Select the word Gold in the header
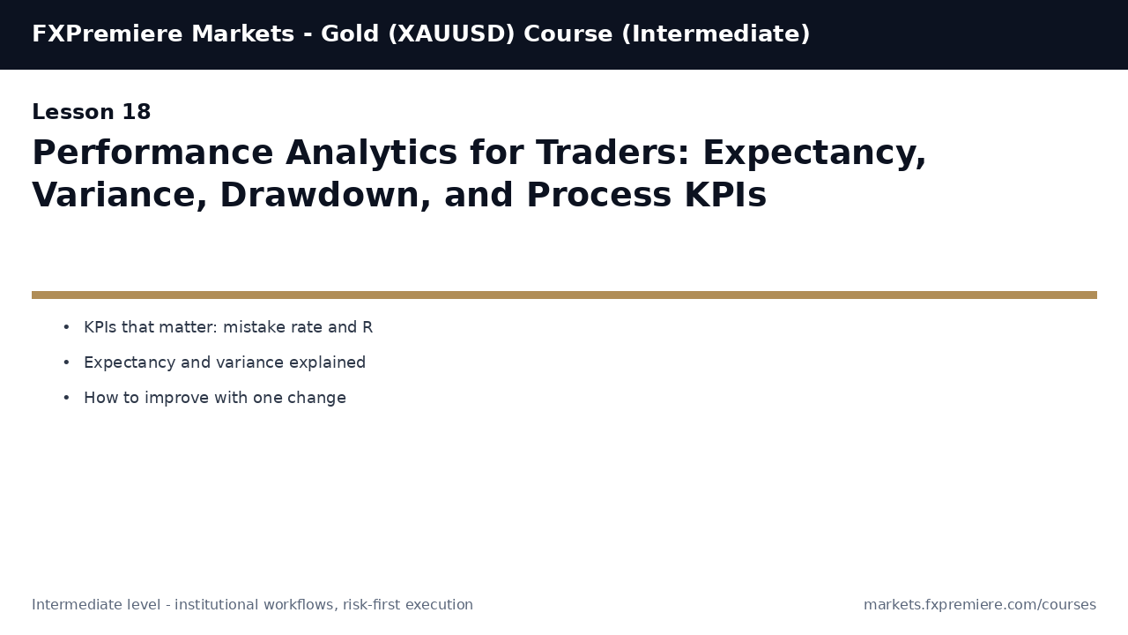click(349, 34)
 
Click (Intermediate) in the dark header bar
click(716, 34)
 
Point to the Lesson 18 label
click(92, 113)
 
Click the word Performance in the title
click(152, 153)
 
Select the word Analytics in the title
click(371, 153)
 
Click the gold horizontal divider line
click(564, 295)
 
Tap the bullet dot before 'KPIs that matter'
click(66, 328)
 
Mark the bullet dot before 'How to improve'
click(66, 399)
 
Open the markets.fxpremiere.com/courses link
click(979, 605)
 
